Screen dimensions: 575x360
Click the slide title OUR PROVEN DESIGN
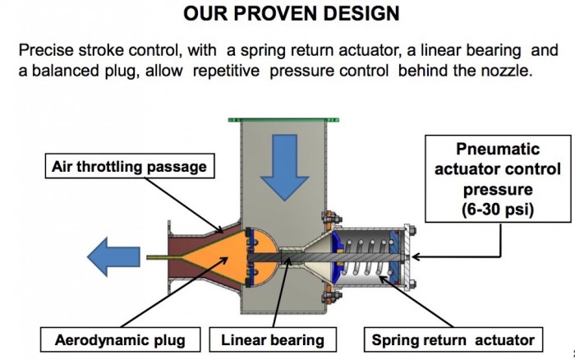point(291,13)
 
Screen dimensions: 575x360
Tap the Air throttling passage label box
point(130,166)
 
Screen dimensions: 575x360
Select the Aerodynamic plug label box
point(120,339)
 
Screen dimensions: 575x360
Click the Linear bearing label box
point(273,339)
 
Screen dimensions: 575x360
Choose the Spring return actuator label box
point(453,339)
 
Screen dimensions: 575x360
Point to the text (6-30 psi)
point(498,210)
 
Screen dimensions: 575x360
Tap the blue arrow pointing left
point(113,257)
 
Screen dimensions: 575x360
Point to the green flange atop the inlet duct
point(283,120)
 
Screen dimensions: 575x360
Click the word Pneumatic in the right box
point(498,149)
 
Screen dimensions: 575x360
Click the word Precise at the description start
point(46,50)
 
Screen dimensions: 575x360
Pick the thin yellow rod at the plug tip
point(164,257)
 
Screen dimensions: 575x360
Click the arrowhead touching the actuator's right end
point(416,257)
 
